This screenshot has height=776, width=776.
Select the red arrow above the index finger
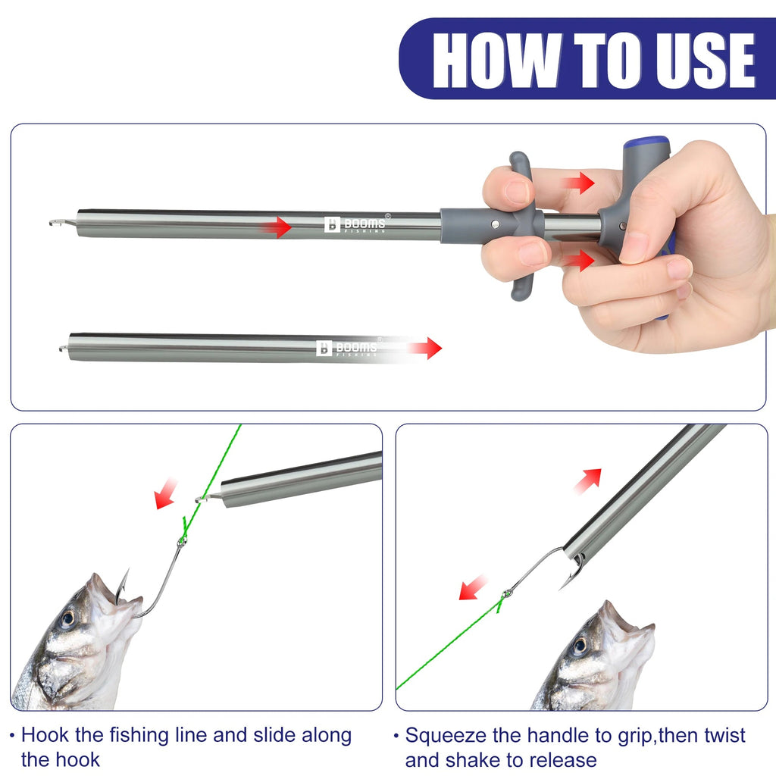click(578, 183)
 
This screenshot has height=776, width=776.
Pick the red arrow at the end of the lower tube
click(425, 348)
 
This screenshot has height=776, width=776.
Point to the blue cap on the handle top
click(646, 143)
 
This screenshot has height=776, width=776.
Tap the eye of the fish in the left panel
click(67, 618)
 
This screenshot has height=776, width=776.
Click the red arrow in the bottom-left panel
click(165, 493)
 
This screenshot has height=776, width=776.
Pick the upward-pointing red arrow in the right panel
click(589, 480)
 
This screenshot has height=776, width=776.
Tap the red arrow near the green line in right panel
click(474, 587)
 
